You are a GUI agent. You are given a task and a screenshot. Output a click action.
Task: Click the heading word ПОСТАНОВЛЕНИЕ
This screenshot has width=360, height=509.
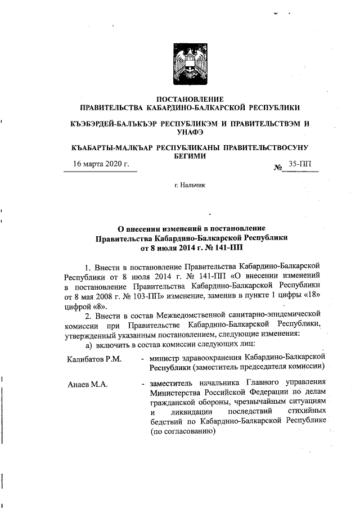190,100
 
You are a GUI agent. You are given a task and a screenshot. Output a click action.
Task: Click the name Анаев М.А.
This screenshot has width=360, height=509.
88,385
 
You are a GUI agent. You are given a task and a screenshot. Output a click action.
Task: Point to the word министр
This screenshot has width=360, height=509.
165,358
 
